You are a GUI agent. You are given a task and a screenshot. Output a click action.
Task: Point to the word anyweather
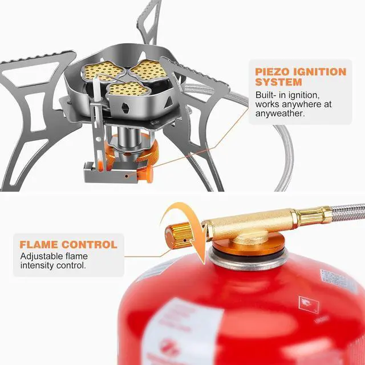[281, 113]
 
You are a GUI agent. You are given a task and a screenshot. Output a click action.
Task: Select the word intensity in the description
[38, 265]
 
